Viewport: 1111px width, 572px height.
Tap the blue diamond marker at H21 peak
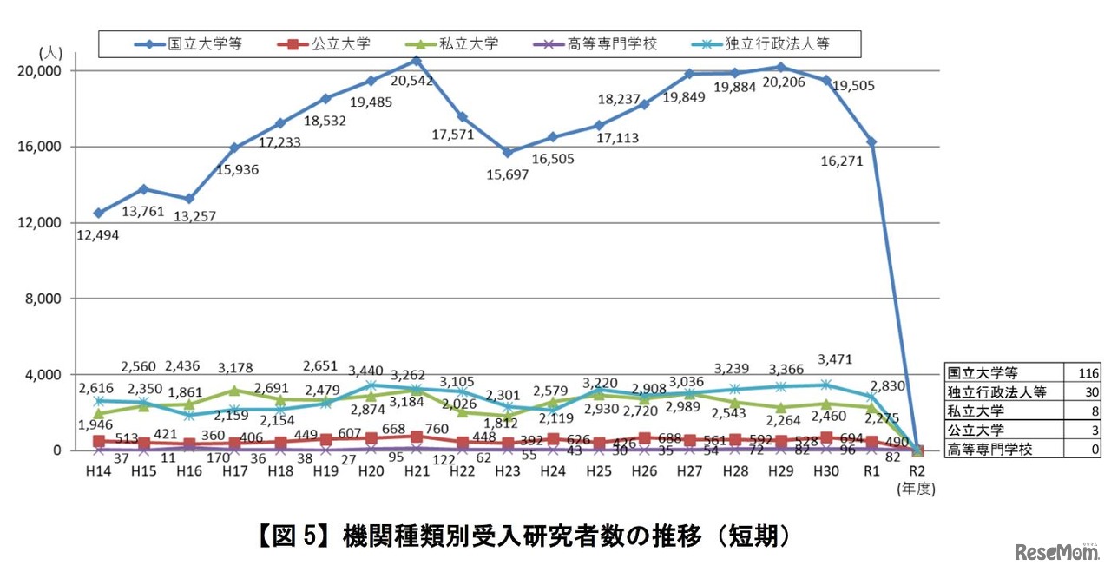point(417,61)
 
